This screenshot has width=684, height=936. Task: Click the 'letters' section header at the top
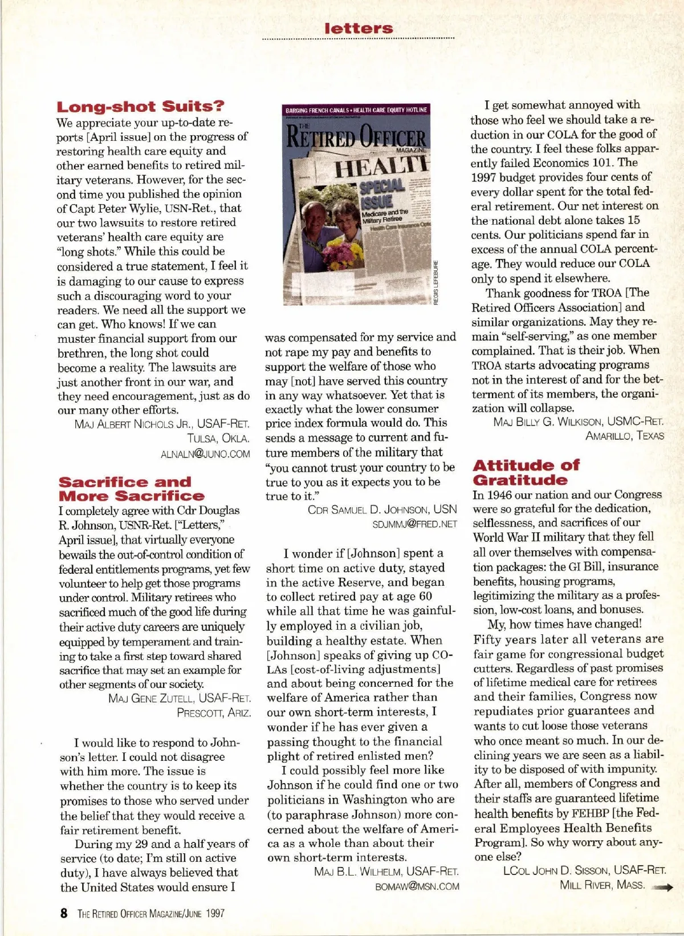(359, 28)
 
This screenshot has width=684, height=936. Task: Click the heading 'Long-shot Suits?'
(140, 107)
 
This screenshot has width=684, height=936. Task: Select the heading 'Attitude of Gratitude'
(526, 472)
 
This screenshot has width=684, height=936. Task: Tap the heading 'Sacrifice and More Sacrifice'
(132, 489)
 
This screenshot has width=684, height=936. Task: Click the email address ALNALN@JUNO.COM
(205, 454)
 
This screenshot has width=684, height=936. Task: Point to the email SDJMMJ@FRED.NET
(414, 524)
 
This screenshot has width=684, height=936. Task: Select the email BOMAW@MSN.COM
(417, 886)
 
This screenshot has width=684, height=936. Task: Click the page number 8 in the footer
(64, 913)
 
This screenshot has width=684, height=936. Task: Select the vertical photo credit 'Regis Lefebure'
(436, 283)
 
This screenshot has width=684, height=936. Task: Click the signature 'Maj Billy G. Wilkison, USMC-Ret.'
(579, 422)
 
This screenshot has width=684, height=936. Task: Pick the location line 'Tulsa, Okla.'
(218, 439)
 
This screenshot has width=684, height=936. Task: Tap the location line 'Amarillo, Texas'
(624, 436)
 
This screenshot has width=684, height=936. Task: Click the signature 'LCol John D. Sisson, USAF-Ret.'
(584, 870)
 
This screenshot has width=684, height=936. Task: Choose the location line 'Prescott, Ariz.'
(214, 713)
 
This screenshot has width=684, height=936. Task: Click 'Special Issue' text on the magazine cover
(382, 193)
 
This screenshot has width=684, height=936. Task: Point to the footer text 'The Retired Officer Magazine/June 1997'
(151, 913)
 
